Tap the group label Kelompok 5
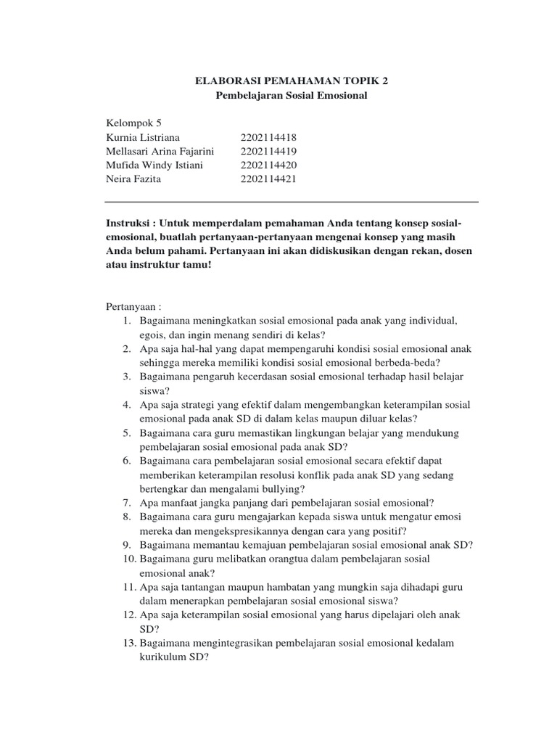134,123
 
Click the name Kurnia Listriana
143,137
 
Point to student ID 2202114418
268,137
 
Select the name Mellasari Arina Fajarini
160,151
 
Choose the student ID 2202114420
268,165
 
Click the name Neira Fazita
135,178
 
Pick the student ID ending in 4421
268,178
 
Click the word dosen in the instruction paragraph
457,251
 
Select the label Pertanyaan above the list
133,307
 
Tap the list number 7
126,502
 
